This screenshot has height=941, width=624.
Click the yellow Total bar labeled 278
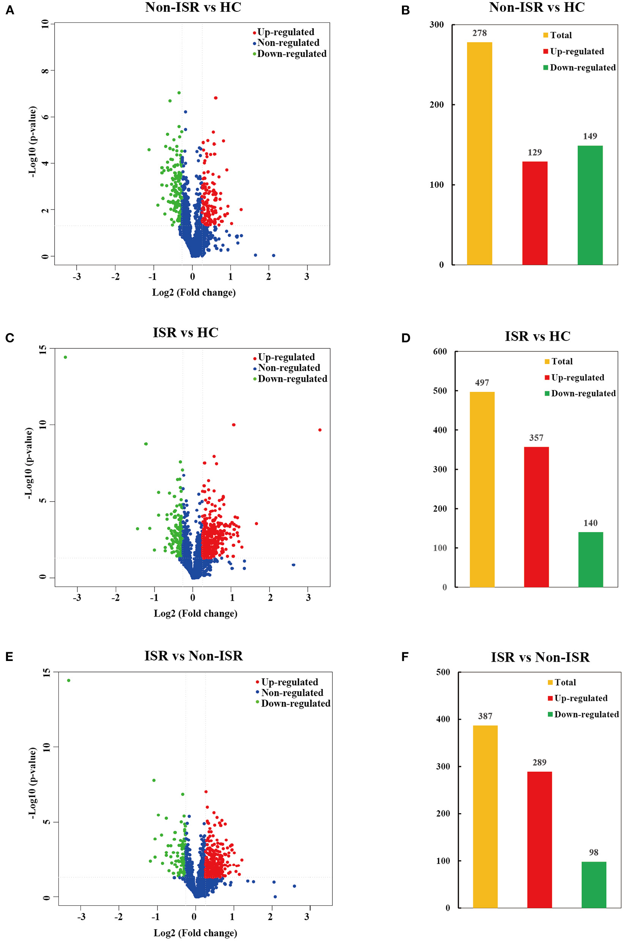click(x=479, y=153)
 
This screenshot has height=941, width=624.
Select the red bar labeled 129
click(x=534, y=213)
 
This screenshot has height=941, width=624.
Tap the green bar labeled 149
click(x=590, y=205)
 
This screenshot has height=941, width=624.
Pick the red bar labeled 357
click(x=536, y=517)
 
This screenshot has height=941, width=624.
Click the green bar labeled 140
click(x=590, y=559)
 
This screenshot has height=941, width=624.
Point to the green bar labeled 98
click(x=593, y=884)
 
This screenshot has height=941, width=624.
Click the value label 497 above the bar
click(x=482, y=382)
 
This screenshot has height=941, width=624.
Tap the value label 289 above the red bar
click(x=539, y=762)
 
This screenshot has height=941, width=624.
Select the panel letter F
click(x=405, y=657)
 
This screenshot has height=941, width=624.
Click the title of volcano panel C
click(x=186, y=332)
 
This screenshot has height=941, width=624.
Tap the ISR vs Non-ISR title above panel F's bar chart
click(x=540, y=657)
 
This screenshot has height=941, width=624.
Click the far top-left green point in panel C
click(x=65, y=357)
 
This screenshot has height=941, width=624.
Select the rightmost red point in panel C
click(x=320, y=430)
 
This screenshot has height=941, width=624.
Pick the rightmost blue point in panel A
click(x=273, y=255)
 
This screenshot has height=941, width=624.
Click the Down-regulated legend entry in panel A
click(x=291, y=54)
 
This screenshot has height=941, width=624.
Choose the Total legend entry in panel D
click(x=561, y=362)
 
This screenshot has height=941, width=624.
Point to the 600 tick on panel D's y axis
click(x=440, y=352)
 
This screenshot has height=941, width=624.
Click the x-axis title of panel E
click(x=195, y=933)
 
